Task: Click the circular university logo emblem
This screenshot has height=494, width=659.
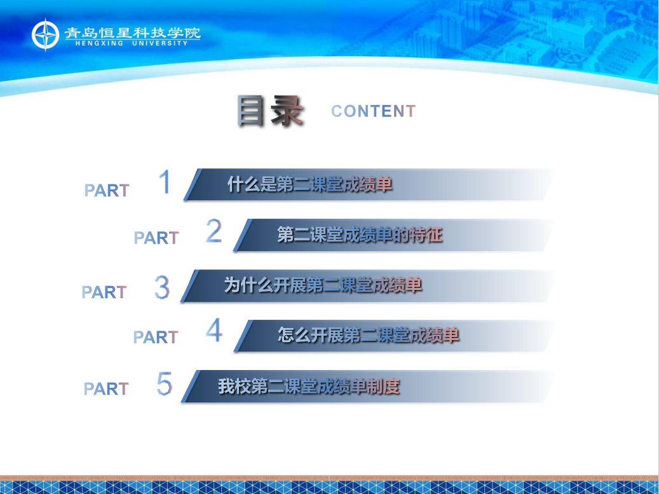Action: click(x=45, y=35)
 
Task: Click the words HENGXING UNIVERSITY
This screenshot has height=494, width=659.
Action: click(x=132, y=43)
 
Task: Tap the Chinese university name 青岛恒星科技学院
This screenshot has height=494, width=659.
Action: click(x=132, y=33)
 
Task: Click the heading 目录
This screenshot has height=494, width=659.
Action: click(x=270, y=111)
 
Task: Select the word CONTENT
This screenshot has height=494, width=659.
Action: click(x=374, y=111)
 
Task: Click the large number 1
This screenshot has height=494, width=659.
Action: click(x=165, y=181)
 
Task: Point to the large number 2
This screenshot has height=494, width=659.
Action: click(x=214, y=231)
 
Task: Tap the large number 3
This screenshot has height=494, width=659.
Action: click(x=162, y=287)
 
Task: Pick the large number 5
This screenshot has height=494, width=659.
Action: click(x=165, y=383)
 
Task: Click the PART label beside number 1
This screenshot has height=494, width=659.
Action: click(x=107, y=191)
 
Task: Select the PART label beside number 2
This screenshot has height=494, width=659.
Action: click(x=156, y=238)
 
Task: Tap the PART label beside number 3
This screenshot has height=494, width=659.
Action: click(x=104, y=292)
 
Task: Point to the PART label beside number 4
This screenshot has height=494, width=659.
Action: click(x=156, y=337)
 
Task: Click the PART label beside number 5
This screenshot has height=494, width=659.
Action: click(x=106, y=389)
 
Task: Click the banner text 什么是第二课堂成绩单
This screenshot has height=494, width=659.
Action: click(x=309, y=184)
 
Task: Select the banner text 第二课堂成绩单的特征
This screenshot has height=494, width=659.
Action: click(x=360, y=235)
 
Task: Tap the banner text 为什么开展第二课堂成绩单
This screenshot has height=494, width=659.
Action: click(x=323, y=285)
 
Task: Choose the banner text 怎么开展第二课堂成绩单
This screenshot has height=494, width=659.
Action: click(x=369, y=335)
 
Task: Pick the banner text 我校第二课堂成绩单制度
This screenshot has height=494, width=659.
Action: click(x=309, y=387)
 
